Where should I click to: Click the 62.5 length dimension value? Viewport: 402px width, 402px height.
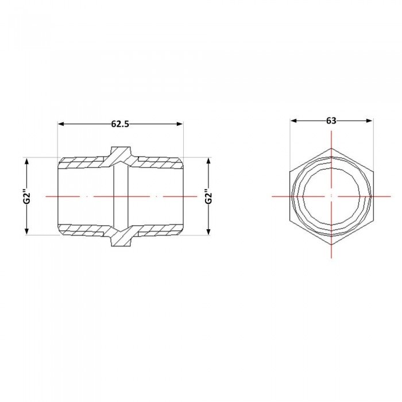click(x=120, y=124)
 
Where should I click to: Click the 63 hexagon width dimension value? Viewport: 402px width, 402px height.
click(x=331, y=121)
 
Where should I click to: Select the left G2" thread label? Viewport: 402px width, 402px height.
click(x=27, y=196)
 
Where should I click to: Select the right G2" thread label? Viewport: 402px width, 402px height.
click(x=208, y=196)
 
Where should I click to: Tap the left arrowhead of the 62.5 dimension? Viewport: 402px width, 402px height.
click(x=61, y=124)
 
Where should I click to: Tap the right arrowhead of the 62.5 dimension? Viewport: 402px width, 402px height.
click(x=180, y=124)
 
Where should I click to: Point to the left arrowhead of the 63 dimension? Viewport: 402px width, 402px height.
click(x=293, y=121)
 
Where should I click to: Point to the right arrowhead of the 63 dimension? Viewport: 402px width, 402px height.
click(x=369, y=121)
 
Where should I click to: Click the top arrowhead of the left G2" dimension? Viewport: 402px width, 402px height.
click(x=27, y=161)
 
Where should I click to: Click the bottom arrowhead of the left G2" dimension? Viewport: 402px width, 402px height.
click(x=27, y=231)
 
